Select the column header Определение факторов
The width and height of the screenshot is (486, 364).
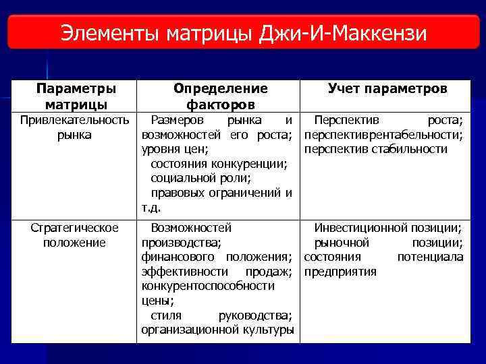[x=220, y=97]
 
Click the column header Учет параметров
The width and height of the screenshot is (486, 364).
[x=387, y=89]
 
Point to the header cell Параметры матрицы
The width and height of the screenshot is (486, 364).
[x=76, y=97]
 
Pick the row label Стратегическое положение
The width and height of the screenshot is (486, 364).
[x=74, y=235]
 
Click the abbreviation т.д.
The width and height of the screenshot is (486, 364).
[x=151, y=208]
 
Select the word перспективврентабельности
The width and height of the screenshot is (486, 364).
[x=383, y=135]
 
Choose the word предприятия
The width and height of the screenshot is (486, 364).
[x=340, y=272]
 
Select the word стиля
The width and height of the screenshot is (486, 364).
[x=164, y=315]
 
